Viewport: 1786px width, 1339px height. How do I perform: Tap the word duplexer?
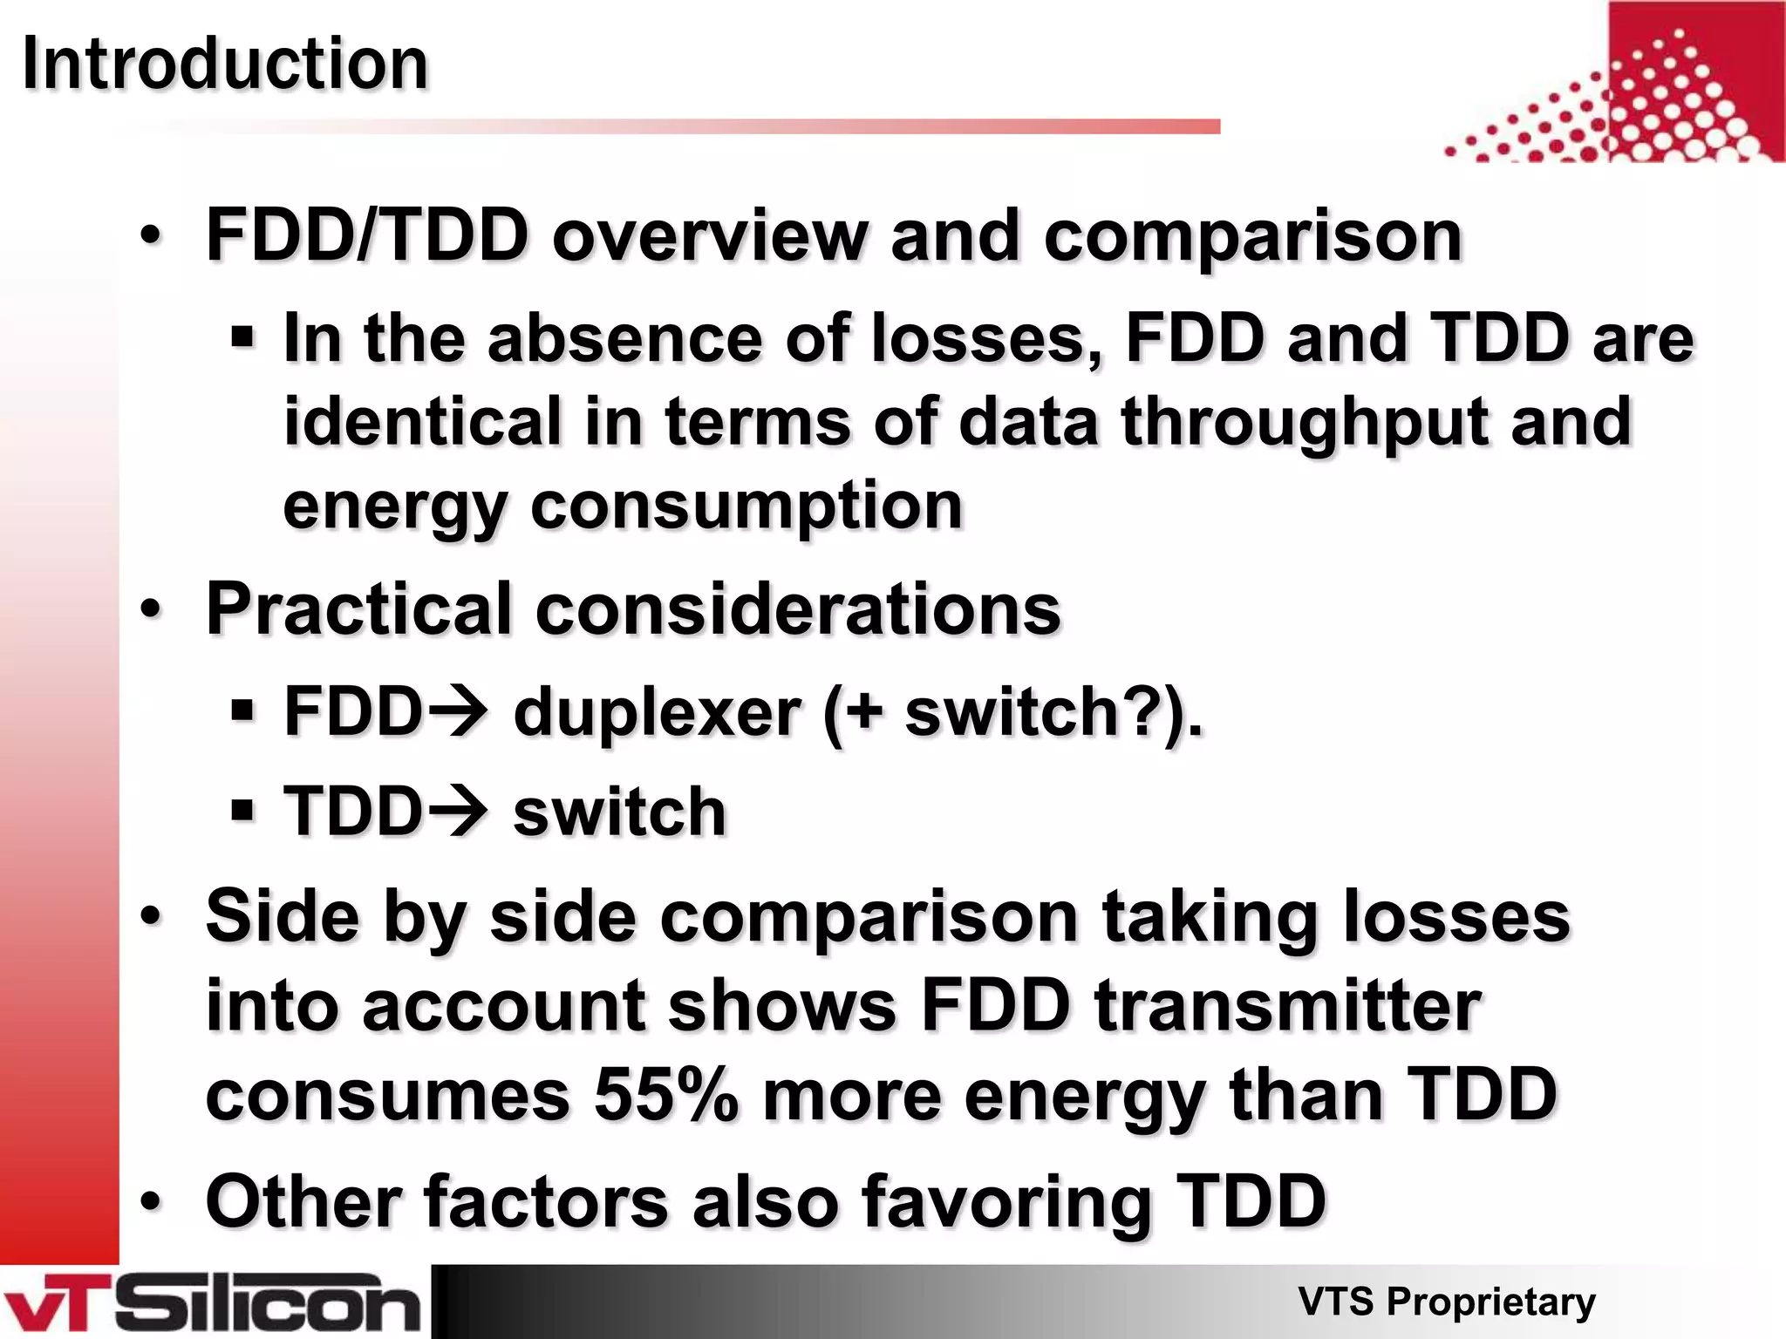tap(656, 712)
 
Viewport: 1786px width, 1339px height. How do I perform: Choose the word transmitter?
tap(1288, 1005)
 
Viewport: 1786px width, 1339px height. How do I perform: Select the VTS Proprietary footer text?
tap(1446, 1302)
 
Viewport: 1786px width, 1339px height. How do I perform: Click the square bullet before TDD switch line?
tap(242, 810)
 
